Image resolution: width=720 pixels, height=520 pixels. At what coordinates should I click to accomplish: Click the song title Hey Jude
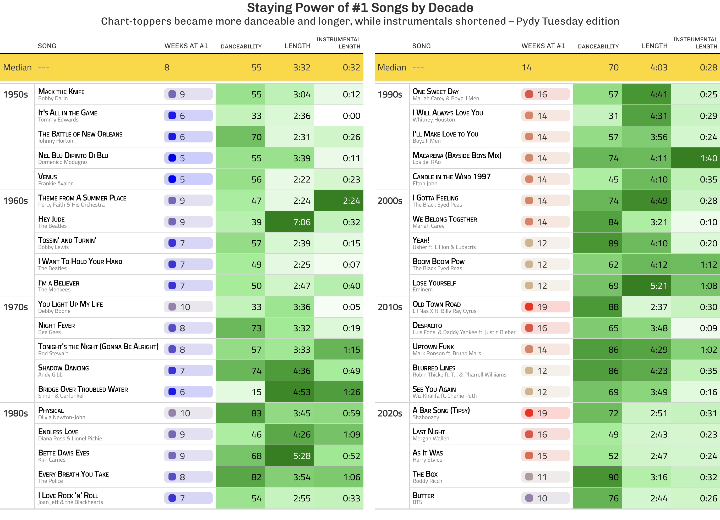point(51,219)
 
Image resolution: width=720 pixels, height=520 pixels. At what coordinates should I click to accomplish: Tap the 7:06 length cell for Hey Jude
point(302,222)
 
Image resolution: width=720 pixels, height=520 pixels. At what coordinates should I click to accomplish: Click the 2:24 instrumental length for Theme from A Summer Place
point(351,201)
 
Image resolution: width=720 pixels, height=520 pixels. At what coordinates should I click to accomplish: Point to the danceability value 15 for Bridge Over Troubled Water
point(257,392)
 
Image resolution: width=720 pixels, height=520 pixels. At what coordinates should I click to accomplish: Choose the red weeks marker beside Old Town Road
point(529,307)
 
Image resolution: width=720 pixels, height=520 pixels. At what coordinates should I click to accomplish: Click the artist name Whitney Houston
point(433,120)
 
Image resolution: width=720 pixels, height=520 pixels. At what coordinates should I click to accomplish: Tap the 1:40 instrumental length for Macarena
point(708,158)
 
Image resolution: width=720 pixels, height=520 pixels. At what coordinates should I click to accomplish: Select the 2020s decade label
point(390,413)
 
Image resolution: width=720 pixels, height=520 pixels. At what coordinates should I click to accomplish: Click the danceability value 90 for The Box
point(613,477)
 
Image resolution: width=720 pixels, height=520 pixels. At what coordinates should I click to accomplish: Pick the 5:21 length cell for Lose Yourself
point(659,286)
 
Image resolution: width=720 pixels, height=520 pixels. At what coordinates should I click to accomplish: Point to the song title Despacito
point(427,325)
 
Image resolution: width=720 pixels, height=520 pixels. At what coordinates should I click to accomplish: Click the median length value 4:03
point(659,68)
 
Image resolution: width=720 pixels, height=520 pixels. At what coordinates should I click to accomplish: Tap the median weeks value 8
point(167,68)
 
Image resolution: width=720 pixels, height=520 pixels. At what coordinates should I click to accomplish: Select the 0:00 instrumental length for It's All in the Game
point(351,116)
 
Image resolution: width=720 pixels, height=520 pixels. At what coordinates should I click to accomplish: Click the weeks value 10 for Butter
point(542,499)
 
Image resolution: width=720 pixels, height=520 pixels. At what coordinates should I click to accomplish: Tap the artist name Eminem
point(423,290)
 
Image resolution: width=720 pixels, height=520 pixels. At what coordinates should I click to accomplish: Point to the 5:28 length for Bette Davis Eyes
point(302,456)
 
